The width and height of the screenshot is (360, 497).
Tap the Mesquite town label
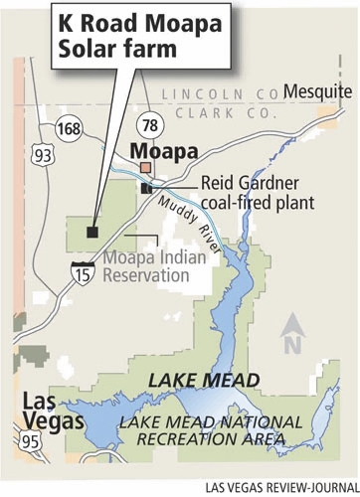click(317, 92)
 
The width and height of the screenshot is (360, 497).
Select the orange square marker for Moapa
click(146, 168)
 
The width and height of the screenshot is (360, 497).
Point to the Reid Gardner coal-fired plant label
click(257, 194)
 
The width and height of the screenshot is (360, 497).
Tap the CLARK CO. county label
click(216, 113)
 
